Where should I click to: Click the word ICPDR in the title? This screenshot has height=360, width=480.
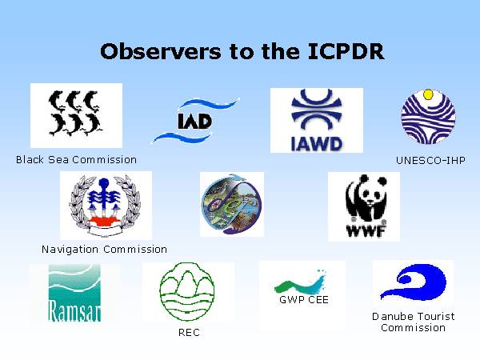(x=346, y=51)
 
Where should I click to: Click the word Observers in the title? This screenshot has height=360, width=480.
(x=161, y=51)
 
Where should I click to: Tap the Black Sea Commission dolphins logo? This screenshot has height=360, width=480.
(x=74, y=113)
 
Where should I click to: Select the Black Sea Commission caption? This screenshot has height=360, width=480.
(x=76, y=159)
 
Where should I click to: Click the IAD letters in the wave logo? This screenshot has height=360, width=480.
(x=195, y=122)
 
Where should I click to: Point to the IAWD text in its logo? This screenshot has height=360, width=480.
(x=316, y=144)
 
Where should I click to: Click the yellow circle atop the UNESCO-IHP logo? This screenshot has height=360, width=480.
(x=428, y=94)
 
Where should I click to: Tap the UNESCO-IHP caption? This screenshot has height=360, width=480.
(x=430, y=160)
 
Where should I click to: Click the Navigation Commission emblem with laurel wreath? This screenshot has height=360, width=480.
(x=106, y=206)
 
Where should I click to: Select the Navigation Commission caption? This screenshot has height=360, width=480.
(x=104, y=249)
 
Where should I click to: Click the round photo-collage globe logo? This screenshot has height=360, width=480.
(x=232, y=204)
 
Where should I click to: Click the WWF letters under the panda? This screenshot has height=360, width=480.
(x=366, y=230)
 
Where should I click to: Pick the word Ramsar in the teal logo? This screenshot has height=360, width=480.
(x=74, y=310)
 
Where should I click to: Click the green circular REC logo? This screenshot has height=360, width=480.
(x=187, y=291)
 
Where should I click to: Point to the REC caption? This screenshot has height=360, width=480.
(x=189, y=333)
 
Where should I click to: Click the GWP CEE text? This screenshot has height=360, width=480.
(x=304, y=299)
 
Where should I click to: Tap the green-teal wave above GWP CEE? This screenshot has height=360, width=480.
(x=300, y=283)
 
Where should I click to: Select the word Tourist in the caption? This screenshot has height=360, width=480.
(x=435, y=316)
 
